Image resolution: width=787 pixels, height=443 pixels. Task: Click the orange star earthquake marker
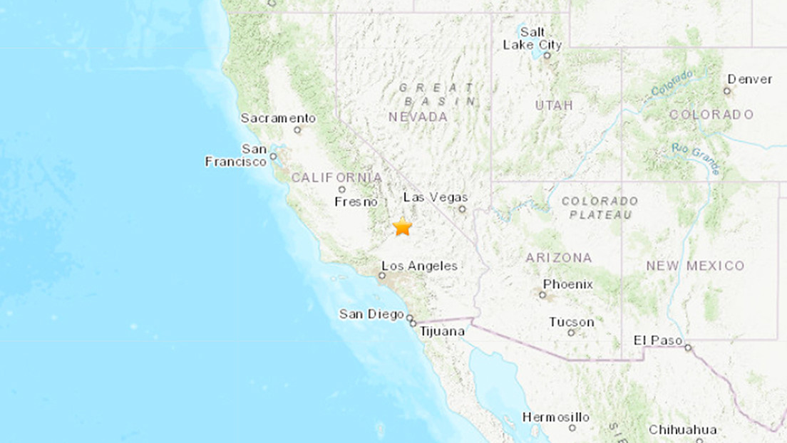click(403, 226)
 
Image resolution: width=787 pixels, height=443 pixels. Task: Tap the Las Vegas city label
click(436, 197)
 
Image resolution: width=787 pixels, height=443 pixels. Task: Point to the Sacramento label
click(278, 118)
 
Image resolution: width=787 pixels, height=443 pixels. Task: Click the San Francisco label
click(236, 155)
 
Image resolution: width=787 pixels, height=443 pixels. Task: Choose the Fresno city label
click(356, 202)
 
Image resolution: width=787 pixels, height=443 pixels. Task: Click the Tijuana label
click(442, 331)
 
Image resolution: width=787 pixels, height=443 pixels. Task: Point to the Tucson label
click(571, 322)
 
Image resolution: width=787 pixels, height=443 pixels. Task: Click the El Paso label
click(657, 340)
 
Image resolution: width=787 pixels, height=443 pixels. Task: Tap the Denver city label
click(750, 79)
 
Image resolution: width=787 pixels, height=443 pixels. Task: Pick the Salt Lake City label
click(533, 38)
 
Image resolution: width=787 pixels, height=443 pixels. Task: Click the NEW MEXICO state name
click(695, 266)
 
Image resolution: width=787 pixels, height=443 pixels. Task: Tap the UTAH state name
click(554, 105)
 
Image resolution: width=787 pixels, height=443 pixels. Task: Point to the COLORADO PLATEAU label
click(599, 208)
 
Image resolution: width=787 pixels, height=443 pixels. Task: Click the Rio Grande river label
click(696, 159)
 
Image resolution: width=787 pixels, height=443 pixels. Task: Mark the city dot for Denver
click(727, 90)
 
